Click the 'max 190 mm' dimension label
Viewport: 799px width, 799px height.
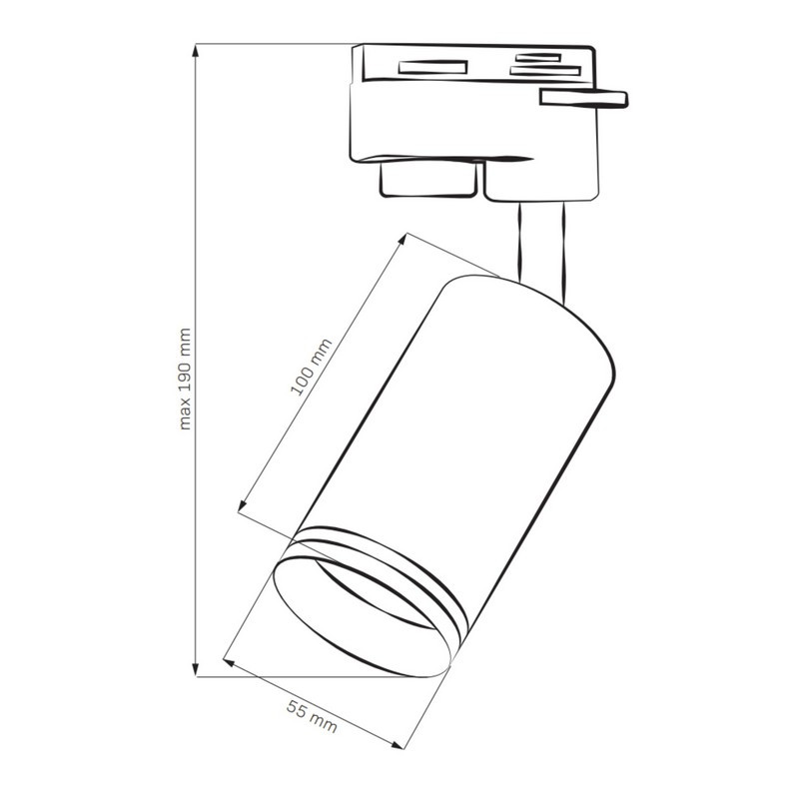click(186, 379)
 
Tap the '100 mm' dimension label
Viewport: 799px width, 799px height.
click(311, 367)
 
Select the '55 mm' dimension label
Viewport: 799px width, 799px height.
click(312, 716)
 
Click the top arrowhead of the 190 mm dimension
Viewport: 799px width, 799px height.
click(196, 51)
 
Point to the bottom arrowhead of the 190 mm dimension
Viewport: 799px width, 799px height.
click(196, 670)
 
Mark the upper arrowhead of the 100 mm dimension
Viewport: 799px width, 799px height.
click(402, 239)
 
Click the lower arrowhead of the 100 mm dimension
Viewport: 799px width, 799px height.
click(243, 505)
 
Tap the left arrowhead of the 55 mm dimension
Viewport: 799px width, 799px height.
click(229, 662)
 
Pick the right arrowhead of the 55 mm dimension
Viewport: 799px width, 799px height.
click(397, 745)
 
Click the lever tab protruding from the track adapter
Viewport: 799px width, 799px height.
click(584, 98)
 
